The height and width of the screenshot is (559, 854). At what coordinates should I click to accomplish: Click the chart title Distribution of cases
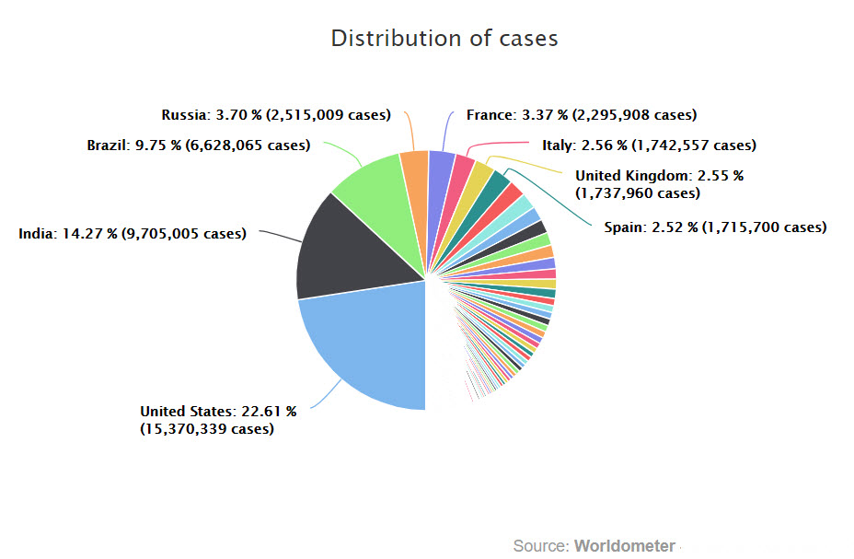444,39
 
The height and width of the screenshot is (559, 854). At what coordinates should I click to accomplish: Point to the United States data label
218,420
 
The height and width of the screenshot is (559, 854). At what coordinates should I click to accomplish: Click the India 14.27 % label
133,234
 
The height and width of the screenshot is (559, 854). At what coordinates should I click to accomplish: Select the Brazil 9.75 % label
198,146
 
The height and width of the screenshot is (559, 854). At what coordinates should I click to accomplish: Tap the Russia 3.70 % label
276,115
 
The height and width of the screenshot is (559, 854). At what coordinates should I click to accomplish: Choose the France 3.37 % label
581,115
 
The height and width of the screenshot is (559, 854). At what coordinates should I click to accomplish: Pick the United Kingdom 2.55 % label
659,184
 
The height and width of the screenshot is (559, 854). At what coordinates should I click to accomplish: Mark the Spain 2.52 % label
715,227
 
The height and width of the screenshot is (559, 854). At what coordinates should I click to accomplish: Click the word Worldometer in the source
625,545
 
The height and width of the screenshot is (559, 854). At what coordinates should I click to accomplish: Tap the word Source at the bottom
540,545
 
